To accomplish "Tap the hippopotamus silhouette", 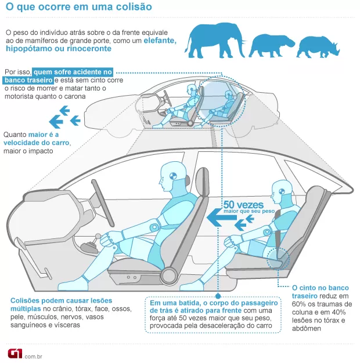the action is pos(271,45).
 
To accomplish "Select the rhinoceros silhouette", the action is pos(318,47).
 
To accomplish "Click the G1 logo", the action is pos(15,354).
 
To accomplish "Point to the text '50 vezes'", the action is pos(243,205).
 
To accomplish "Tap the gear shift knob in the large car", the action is pos(98,237).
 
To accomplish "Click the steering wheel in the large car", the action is pos(103,203).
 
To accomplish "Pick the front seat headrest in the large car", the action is pos(202,181).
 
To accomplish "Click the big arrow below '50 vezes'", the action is pos(221,217).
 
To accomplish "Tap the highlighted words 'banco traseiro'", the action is pos(28,80).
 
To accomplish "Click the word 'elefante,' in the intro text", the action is pos(160,41).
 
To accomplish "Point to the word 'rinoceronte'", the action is pos(89,49).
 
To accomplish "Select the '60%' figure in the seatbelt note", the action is pos(299,304).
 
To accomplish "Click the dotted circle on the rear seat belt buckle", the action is pos(278,259).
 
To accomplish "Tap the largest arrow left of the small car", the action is pos(56,122).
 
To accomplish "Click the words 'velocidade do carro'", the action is pos(37,143).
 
